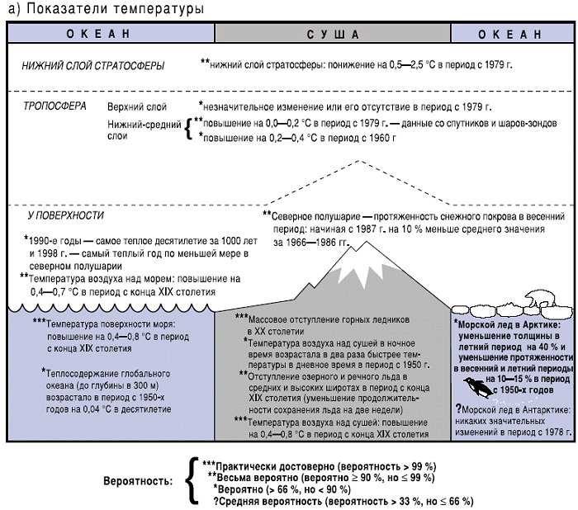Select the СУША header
tap(333, 34)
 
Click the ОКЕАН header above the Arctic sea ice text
tap(514, 34)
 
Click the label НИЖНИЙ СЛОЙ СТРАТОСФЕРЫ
tap(93, 65)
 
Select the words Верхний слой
tap(137, 107)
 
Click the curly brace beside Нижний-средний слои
tap(188, 130)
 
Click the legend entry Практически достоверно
tap(281, 466)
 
